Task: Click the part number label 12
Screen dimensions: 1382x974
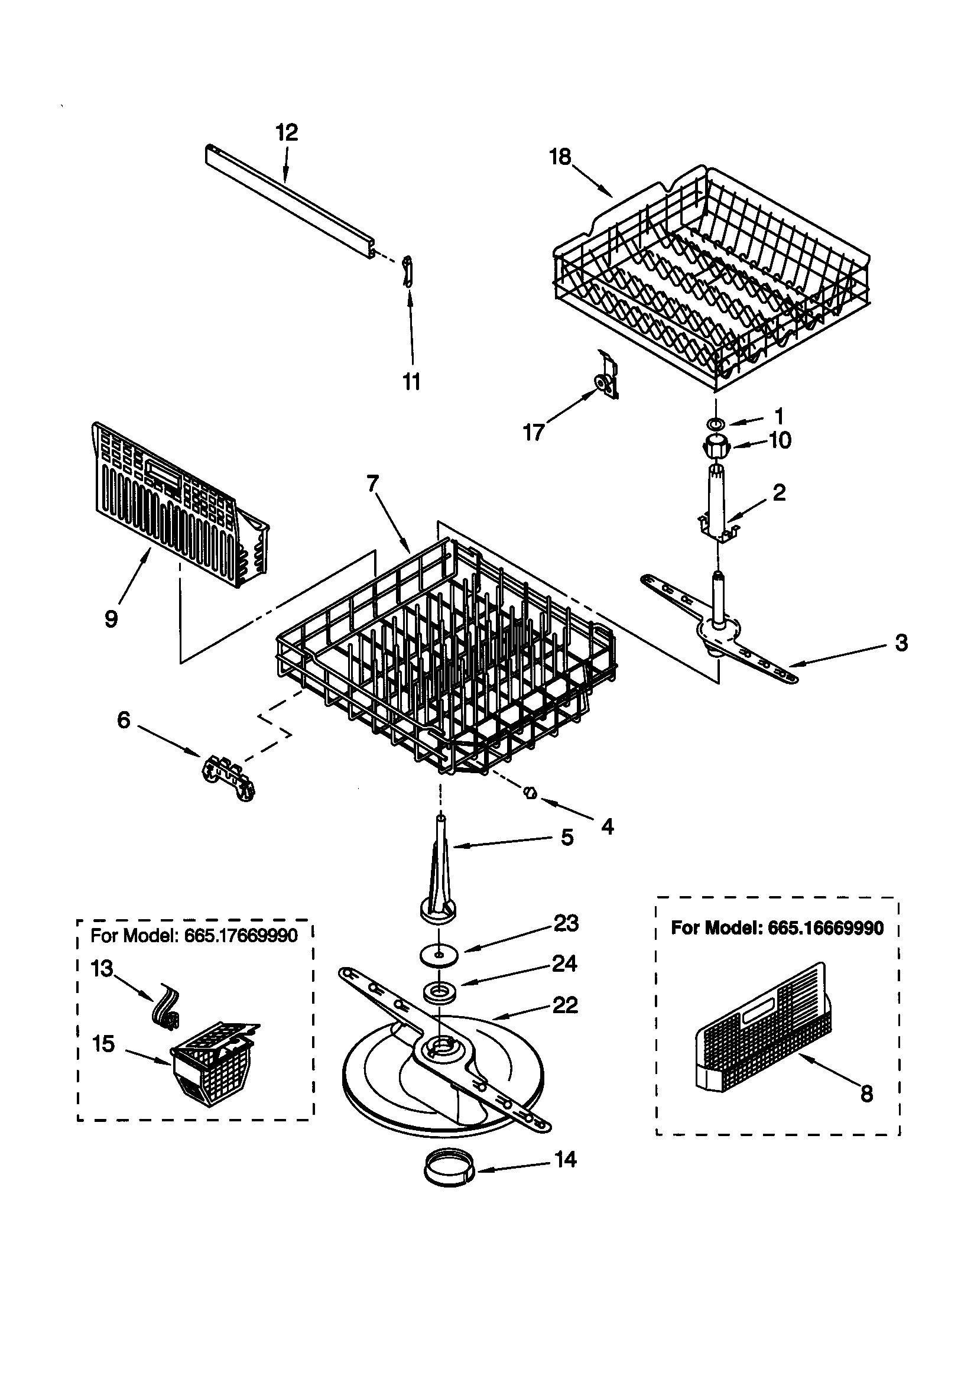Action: click(x=287, y=132)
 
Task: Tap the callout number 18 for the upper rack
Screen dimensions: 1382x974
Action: click(x=560, y=157)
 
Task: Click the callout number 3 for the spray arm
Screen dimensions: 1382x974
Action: click(x=901, y=643)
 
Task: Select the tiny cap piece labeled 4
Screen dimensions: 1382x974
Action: click(x=530, y=793)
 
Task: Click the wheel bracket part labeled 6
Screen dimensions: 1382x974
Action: click(x=228, y=780)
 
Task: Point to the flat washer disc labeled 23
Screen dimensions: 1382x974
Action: click(x=439, y=955)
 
